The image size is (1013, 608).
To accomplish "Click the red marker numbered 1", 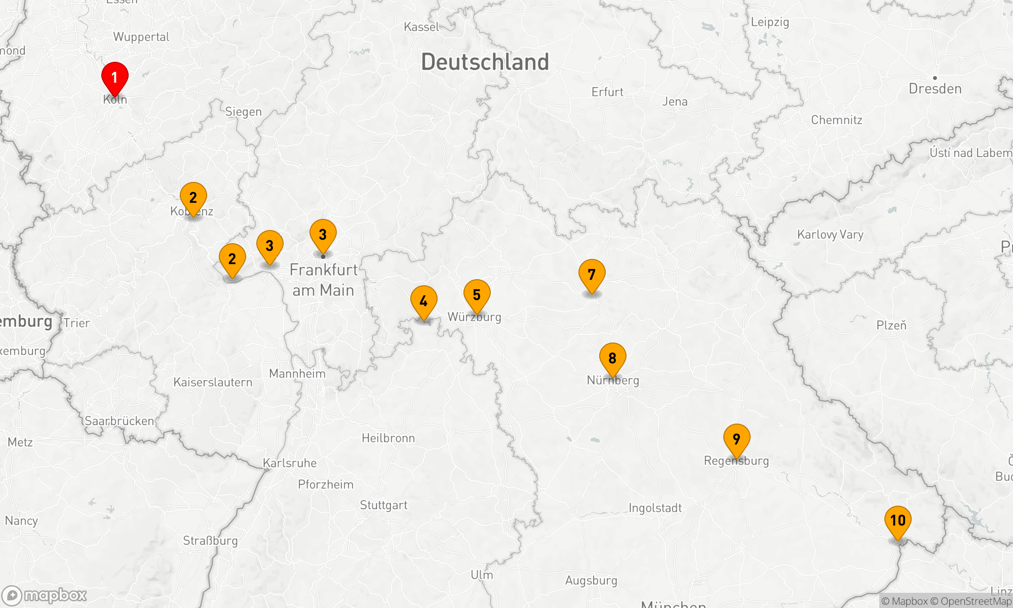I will (x=115, y=78).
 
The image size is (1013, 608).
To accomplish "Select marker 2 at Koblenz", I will (x=193, y=198).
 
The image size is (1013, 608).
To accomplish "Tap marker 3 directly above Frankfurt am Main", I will (x=323, y=235).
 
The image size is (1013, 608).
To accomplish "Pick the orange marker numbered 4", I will (x=424, y=301).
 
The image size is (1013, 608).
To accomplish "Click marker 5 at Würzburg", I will (x=477, y=295).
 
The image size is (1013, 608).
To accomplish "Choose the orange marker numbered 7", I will (x=592, y=275).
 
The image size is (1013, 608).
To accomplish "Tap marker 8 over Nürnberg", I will (x=613, y=358).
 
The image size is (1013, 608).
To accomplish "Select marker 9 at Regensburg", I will (x=737, y=439).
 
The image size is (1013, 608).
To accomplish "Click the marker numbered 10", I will (x=898, y=521).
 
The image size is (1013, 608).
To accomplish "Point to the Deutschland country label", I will (x=485, y=62).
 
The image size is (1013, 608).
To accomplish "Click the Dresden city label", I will (x=935, y=89).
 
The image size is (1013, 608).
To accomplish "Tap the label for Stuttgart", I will (x=383, y=505).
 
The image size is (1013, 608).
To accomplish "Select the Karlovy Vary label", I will (x=830, y=235).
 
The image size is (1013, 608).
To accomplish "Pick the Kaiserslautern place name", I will (x=213, y=382).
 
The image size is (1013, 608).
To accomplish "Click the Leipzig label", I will (x=770, y=22).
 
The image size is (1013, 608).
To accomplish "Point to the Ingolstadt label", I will (x=655, y=508).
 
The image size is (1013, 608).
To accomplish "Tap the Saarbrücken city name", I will (x=119, y=421).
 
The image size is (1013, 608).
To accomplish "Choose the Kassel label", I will (x=421, y=27).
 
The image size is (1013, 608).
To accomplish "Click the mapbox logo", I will (x=45, y=595).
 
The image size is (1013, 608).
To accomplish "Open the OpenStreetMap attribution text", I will (x=976, y=601).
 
